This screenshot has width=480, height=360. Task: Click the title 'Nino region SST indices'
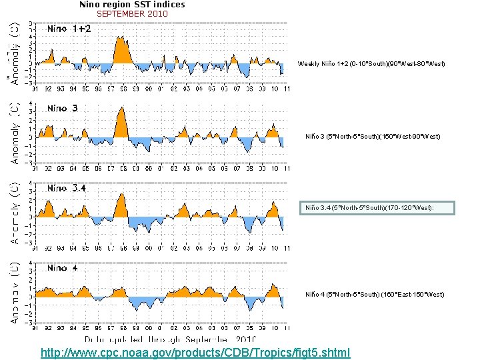[x=132, y=4]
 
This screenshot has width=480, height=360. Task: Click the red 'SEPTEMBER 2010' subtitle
[x=132, y=13]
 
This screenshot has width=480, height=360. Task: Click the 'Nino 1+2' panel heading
[x=69, y=29]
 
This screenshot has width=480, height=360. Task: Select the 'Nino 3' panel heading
[x=63, y=108]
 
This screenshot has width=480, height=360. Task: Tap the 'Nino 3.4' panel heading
[x=66, y=189]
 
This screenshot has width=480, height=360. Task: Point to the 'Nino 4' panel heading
[x=63, y=268]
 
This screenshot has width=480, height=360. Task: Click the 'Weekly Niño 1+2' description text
[x=371, y=63]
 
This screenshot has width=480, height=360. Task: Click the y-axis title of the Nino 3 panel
[x=15, y=133]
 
